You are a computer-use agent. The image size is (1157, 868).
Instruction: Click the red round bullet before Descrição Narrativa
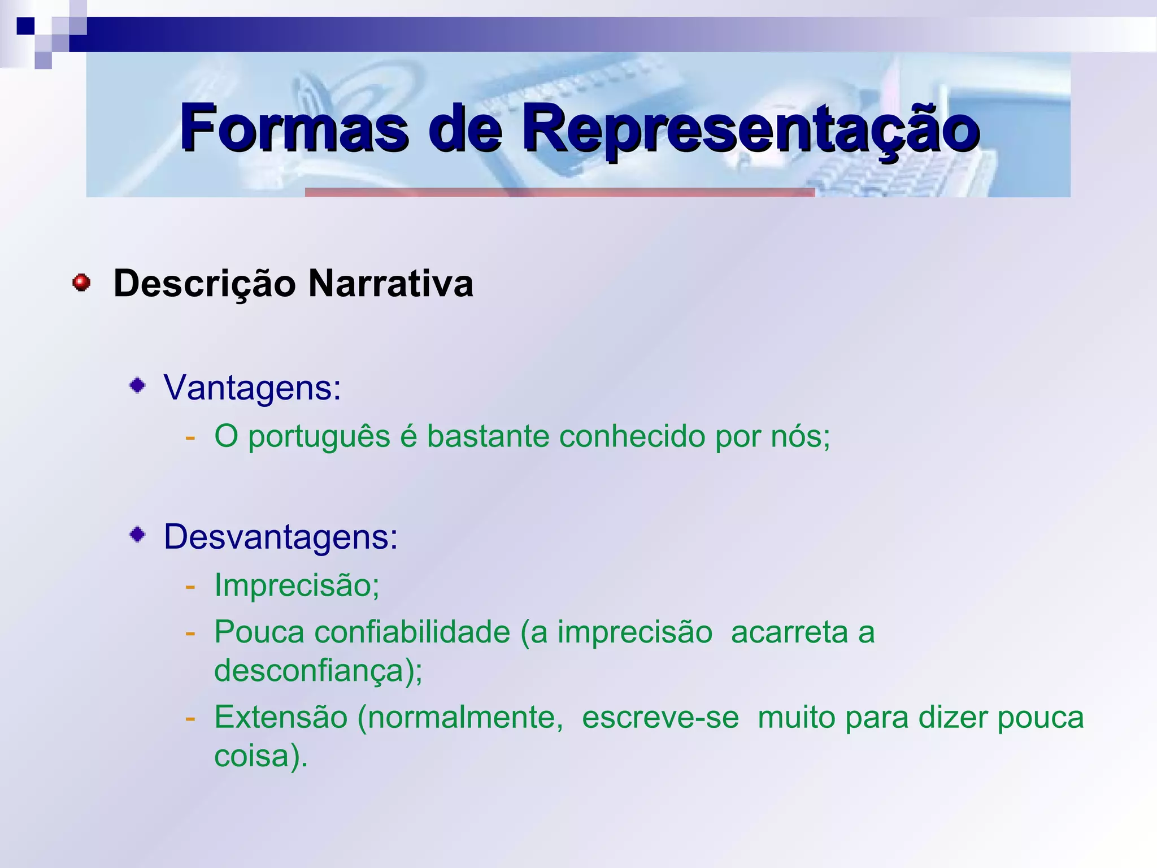pos(82,283)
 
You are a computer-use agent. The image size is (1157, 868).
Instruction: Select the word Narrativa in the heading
pos(390,283)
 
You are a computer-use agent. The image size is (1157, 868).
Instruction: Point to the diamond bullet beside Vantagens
pos(138,387)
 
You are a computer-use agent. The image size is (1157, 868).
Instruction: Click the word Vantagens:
pos(253,389)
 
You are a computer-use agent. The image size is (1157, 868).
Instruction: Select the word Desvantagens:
pos(281,537)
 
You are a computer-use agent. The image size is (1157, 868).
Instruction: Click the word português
pos(319,437)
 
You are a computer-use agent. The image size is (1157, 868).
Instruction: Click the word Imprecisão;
pos(297,585)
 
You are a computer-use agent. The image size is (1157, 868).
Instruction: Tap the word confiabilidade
pos(412,632)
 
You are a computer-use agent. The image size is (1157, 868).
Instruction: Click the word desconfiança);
pos(318,671)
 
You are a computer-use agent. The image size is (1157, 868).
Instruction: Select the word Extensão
pos(281,718)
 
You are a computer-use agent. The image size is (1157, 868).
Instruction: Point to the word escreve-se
pos(660,718)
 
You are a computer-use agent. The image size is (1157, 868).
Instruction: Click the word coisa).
pos(260,756)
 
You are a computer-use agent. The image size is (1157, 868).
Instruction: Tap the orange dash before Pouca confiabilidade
pos(190,632)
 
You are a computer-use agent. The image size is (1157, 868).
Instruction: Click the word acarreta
pos(789,632)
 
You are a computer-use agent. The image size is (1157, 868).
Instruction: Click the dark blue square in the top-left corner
pos(25,26)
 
